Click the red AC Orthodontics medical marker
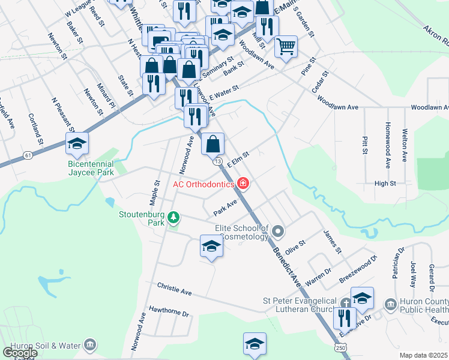(x=243, y=184)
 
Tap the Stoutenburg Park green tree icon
(x=174, y=217)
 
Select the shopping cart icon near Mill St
(x=286, y=45)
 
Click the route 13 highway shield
(x=217, y=161)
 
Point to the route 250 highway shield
(x=341, y=348)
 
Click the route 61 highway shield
(x=28, y=155)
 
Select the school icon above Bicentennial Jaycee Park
(x=77, y=143)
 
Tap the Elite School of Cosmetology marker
(x=278, y=231)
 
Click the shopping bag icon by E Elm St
(x=213, y=143)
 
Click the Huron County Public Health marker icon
(x=391, y=304)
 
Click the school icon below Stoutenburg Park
(x=211, y=246)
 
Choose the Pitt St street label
(x=364, y=145)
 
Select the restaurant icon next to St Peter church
(x=345, y=316)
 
